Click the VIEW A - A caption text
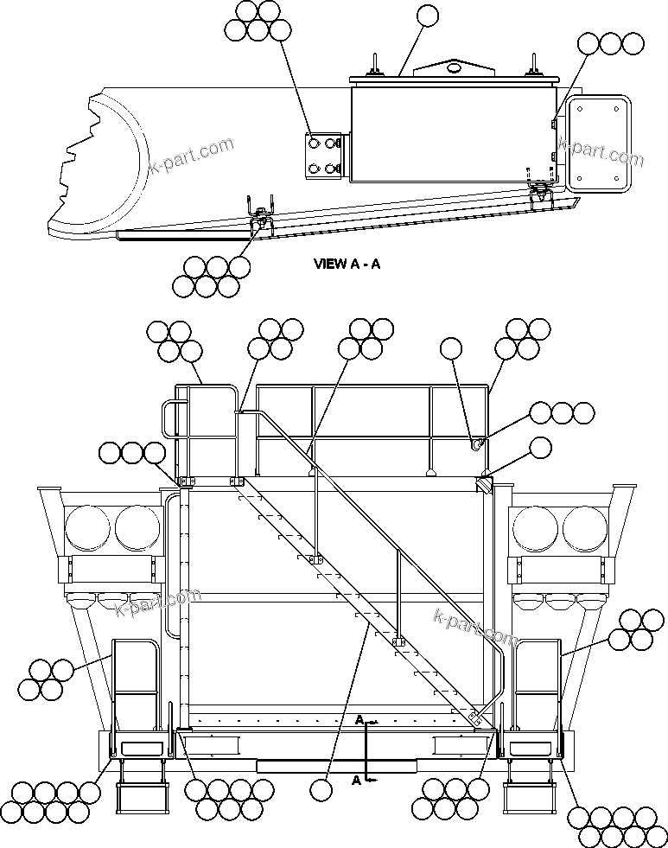click(x=347, y=265)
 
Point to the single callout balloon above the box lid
click(x=427, y=15)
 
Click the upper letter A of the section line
click(x=358, y=719)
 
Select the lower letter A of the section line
click(x=355, y=780)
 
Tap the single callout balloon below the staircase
click(x=321, y=788)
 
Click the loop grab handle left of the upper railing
click(x=169, y=419)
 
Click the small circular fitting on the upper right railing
click(x=476, y=444)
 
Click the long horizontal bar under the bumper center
click(x=337, y=766)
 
